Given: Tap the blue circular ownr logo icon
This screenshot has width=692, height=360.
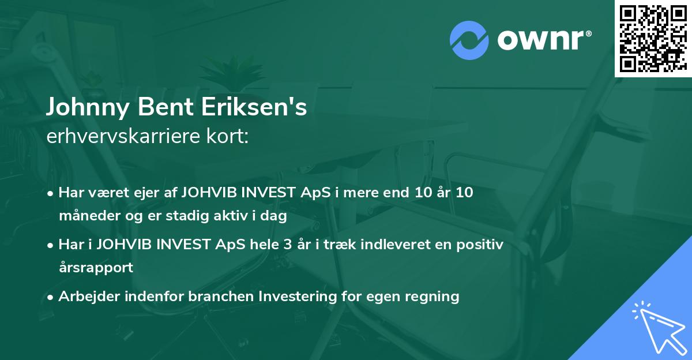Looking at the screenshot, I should tap(469, 40).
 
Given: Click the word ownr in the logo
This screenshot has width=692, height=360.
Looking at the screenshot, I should tap(543, 40).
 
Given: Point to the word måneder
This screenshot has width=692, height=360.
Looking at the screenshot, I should tap(82, 216).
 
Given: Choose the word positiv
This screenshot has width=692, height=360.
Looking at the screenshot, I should tap(479, 245).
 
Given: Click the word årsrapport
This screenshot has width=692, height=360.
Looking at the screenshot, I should tap(96, 268).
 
